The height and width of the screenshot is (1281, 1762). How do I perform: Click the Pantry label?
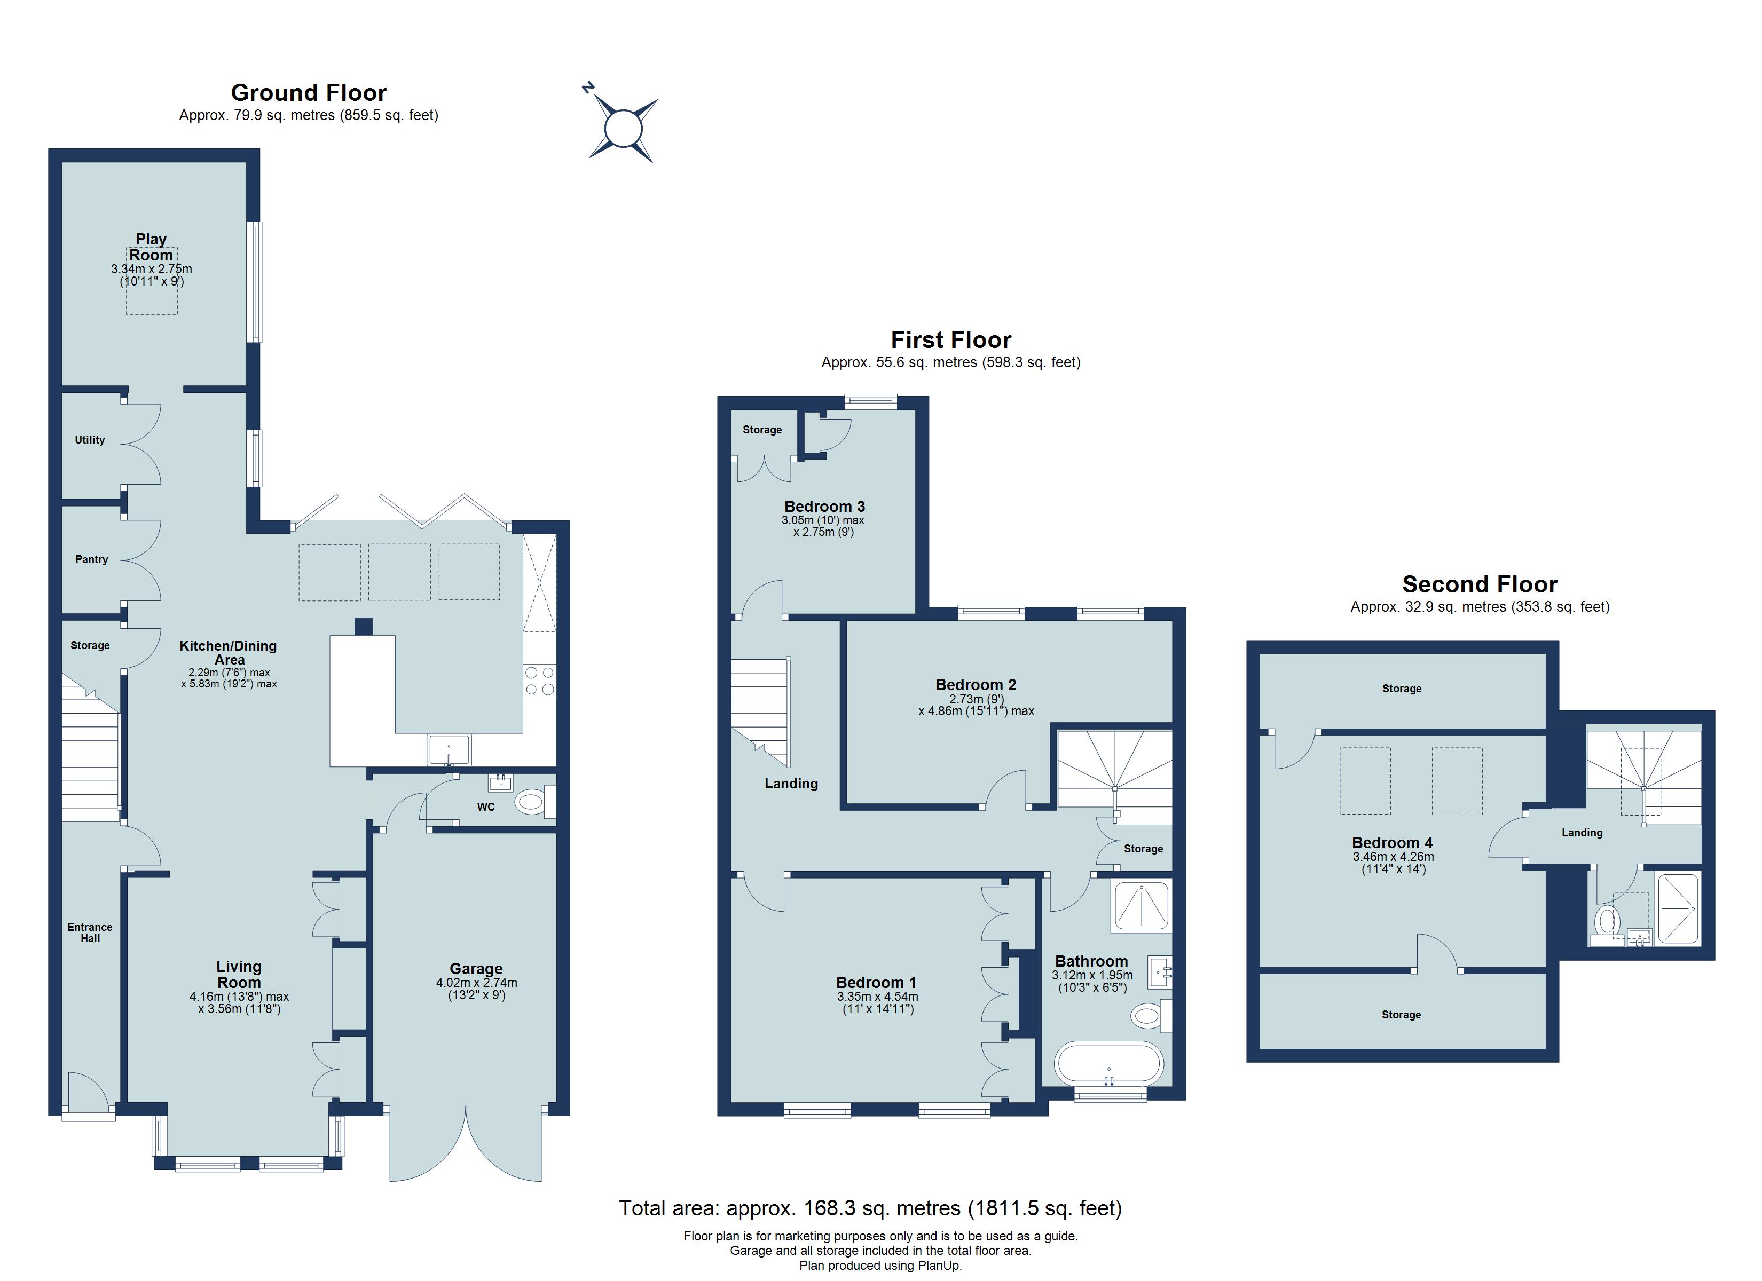tap(92, 559)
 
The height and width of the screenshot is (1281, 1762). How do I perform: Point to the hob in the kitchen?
tap(539, 681)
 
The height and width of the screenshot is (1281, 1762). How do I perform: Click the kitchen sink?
tap(449, 749)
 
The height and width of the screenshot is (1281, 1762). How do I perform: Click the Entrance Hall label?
tap(90, 932)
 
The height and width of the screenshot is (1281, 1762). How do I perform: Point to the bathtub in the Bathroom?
tap(1108, 1063)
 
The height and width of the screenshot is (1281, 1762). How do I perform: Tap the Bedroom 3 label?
tap(824, 507)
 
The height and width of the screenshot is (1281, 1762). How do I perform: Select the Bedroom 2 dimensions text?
tap(976, 705)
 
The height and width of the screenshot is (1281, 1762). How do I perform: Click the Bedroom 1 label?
tap(876, 982)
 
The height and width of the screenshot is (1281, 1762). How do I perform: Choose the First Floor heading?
tap(950, 339)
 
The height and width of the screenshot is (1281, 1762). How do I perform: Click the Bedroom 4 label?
tap(1392, 842)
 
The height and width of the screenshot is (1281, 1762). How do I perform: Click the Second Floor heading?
tap(1479, 584)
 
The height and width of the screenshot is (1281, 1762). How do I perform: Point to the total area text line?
tap(870, 1208)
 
